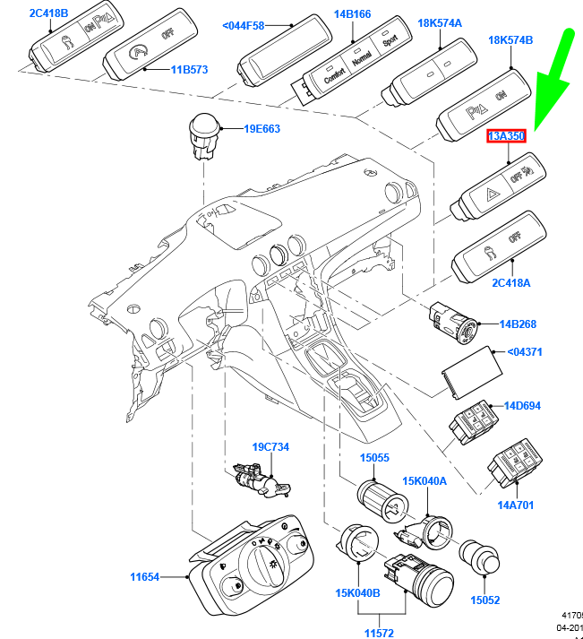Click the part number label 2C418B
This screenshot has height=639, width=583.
(x=50, y=13)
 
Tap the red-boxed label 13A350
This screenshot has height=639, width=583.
(x=505, y=136)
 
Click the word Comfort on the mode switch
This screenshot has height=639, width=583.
(x=333, y=72)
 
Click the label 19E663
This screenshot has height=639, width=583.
(x=261, y=129)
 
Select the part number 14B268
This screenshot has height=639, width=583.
(x=517, y=324)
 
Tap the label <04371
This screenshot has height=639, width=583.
(x=524, y=353)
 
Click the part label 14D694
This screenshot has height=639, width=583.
(x=522, y=406)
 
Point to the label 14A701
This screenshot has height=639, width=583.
(x=516, y=505)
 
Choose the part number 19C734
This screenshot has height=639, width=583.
(x=270, y=446)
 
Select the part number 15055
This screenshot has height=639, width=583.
(x=374, y=457)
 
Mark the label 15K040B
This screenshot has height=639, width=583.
(x=356, y=593)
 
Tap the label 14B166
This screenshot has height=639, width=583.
(x=352, y=14)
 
